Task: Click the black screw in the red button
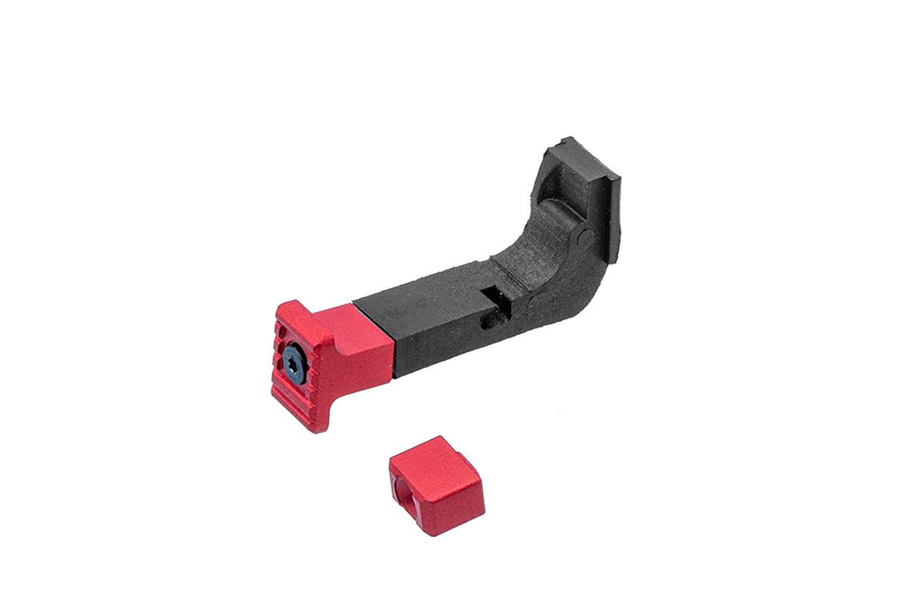[293, 366]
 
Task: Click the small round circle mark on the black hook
[585, 236]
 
